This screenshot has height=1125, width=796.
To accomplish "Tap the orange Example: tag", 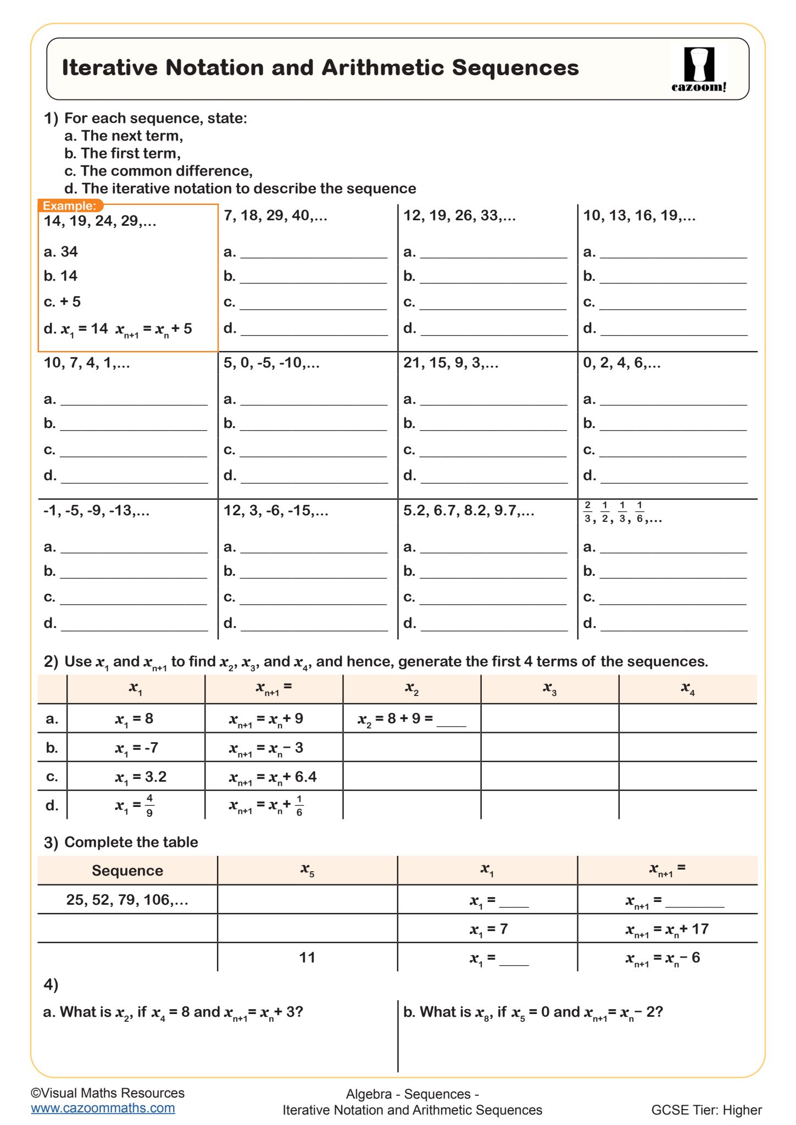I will tap(70, 206).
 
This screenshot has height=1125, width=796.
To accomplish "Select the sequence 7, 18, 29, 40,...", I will tap(275, 215).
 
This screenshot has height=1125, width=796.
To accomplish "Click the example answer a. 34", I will tap(61, 252).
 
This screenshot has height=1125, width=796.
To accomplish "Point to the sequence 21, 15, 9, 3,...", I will tap(450, 363).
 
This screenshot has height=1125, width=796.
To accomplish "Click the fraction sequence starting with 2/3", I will tap(622, 512).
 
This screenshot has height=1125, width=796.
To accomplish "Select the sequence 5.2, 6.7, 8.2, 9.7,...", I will tap(469, 511).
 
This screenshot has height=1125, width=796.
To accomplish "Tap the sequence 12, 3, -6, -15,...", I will tap(276, 511).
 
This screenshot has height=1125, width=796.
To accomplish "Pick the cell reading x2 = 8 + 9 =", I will tap(411, 719).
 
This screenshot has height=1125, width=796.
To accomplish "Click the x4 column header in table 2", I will tap(688, 688).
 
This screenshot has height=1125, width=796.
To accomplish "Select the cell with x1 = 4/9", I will tap(135, 805).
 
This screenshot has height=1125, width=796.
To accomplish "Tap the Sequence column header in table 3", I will tap(127, 871).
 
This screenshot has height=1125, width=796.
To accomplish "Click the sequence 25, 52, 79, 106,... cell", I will tap(127, 900).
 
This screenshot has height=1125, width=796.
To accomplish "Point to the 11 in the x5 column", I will tap(307, 957).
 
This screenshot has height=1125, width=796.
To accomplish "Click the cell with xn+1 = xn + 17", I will tap(667, 929).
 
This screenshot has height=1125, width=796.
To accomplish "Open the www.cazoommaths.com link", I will tap(103, 1108).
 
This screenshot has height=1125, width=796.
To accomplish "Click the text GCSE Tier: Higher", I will tap(706, 1110).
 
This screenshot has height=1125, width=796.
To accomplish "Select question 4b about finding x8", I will tap(533, 1012).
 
